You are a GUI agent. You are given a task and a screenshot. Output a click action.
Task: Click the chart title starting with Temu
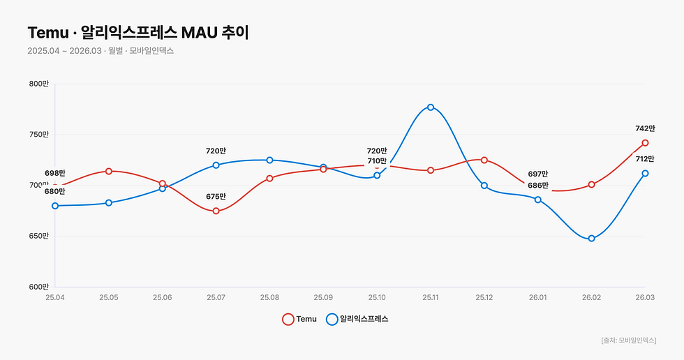[138, 32]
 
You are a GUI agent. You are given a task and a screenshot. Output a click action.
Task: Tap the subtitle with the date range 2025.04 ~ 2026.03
[100, 52]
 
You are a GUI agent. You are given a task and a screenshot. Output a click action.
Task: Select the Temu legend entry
[299, 319]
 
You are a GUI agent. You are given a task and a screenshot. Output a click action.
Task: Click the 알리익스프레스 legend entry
[357, 319]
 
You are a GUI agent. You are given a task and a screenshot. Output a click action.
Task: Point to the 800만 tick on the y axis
[38, 84]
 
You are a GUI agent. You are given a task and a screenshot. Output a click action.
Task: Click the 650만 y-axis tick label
[38, 236]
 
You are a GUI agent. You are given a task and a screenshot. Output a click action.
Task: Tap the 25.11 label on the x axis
[431, 297]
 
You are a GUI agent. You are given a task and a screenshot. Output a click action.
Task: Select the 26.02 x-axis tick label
[591, 297]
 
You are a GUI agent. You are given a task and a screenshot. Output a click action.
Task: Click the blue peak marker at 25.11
[431, 107]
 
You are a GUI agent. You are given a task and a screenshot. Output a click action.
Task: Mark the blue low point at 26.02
[591, 239]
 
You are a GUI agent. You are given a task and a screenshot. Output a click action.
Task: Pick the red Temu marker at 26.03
[645, 142]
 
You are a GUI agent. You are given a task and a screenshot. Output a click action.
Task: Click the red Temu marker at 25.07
[216, 211]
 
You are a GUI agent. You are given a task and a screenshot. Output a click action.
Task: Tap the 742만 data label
[646, 128]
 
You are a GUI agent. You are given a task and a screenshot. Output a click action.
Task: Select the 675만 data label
[216, 197]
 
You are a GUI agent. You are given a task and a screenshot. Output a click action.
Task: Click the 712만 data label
[646, 159]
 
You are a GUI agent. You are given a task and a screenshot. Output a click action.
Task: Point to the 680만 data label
[55, 191]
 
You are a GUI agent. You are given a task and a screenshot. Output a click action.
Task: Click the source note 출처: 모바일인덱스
[628, 340]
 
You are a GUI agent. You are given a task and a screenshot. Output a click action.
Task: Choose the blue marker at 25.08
[269, 160]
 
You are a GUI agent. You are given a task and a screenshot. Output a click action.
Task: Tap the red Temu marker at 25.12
[484, 160]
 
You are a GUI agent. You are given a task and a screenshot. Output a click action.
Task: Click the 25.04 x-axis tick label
[55, 297]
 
